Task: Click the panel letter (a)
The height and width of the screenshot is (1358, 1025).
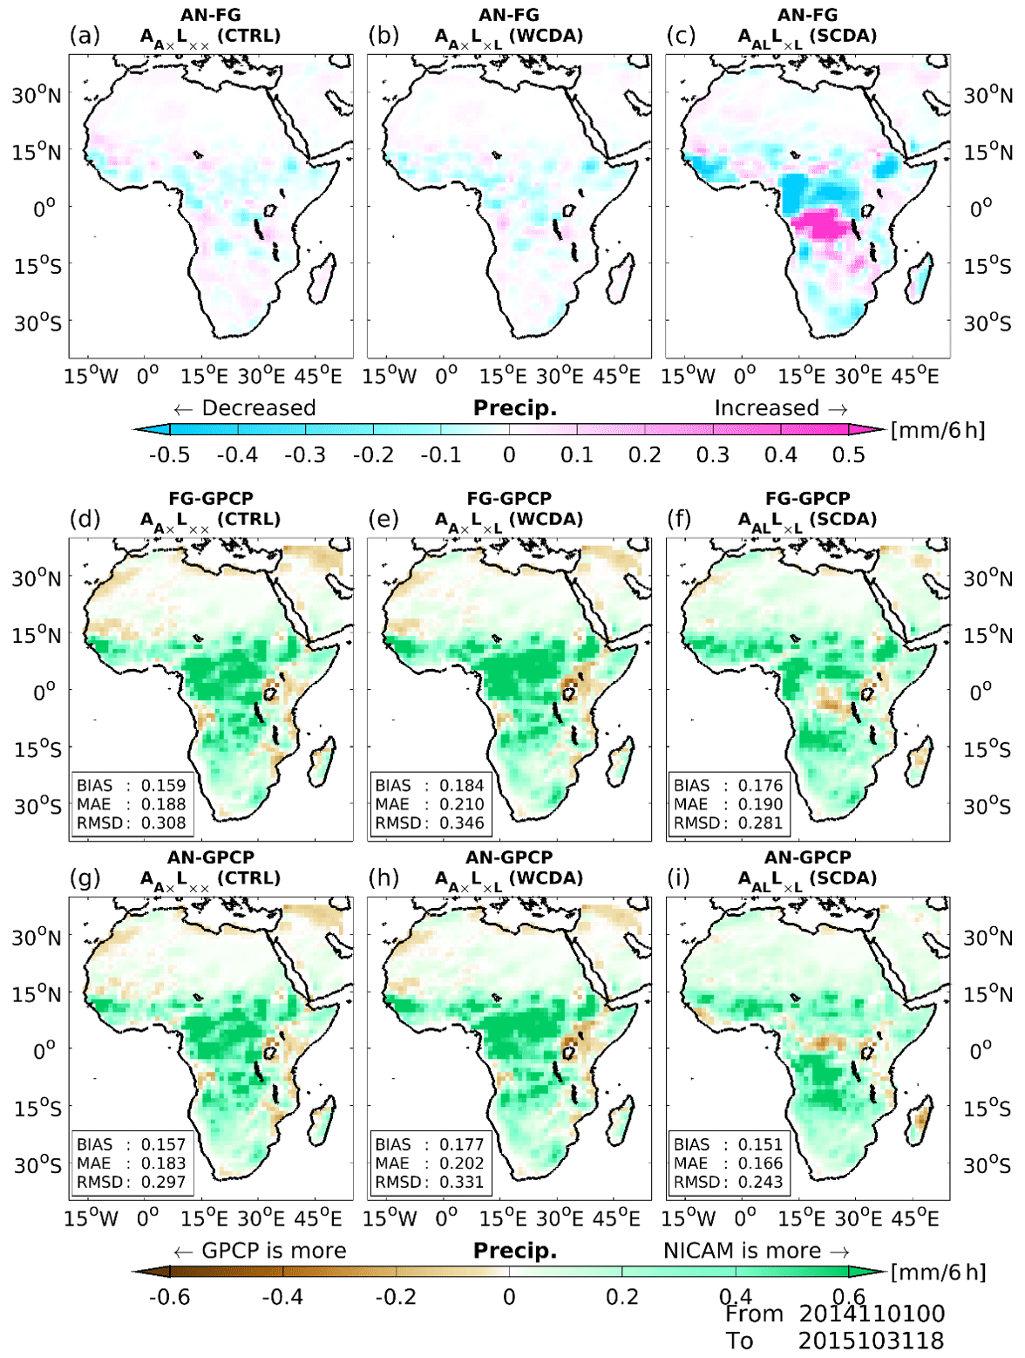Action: [x=85, y=37]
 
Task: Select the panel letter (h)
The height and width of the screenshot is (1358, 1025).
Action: [x=384, y=878]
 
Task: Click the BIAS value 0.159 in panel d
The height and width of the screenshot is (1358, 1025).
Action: [x=163, y=786]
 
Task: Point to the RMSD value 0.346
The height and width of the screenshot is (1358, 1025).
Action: [x=461, y=822]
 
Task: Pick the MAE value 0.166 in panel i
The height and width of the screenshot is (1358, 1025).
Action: [x=760, y=1163]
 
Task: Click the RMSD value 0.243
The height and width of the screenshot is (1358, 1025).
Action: [x=760, y=1182]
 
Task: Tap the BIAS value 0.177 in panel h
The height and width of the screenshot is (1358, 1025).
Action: [x=461, y=1144]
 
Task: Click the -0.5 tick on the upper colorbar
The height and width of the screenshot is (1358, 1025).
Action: [x=169, y=455]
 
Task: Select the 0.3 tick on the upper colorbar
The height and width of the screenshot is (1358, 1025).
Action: [x=712, y=455]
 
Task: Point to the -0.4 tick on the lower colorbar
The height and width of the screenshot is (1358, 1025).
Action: [x=282, y=1297]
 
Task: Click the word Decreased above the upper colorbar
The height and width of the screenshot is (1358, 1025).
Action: [x=258, y=408]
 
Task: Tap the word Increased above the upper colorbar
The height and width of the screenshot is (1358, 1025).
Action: [x=766, y=408]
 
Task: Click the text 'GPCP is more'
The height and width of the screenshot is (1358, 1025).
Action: [x=274, y=1251]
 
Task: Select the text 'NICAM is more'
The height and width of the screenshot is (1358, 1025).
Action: [x=742, y=1251]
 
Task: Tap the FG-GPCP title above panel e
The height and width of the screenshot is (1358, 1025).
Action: [x=509, y=499]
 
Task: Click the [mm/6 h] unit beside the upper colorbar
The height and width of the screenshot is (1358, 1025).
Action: [x=938, y=430]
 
